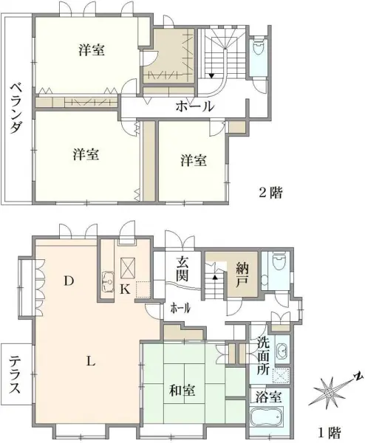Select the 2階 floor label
coord(270,193)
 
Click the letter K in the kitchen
coord(125,290)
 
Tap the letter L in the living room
coord(89,361)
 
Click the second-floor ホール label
coord(194,107)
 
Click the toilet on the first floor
coord(279,263)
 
